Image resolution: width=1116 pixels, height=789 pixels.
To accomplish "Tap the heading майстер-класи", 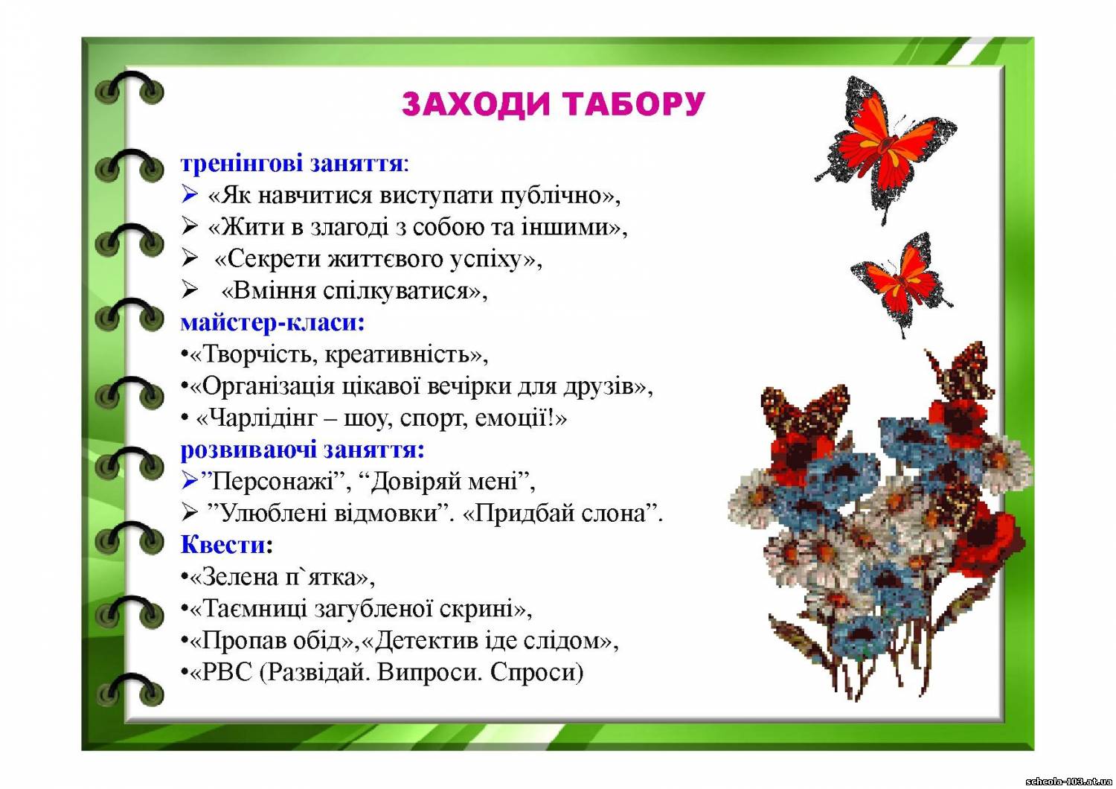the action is tap(272, 323).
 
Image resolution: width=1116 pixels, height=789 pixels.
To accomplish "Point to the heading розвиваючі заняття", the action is tap(301, 450).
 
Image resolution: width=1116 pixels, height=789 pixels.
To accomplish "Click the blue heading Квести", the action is tap(224, 544).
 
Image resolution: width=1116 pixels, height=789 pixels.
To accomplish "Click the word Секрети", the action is tap(275, 260).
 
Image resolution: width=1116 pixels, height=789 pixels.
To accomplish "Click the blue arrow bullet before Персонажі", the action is tap(190, 481).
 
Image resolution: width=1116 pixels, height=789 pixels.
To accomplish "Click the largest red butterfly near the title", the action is tap(886, 149).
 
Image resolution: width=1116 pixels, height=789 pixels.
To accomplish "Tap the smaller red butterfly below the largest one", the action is tap(902, 284).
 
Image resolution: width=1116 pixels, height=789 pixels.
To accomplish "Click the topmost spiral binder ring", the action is tap(129, 88).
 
